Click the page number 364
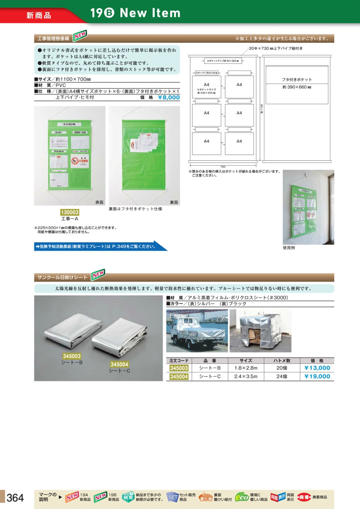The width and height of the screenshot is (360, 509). point(15,497)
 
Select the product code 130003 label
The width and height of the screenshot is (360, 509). point(69,212)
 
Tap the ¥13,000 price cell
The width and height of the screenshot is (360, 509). point(317,368)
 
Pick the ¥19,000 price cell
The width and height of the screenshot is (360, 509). point(317,377)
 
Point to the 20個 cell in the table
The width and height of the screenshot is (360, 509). point(281,368)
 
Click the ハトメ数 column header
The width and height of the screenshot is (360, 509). point(281,359)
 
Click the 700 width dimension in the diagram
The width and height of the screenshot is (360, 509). point(223,167)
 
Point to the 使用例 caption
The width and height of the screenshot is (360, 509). point(289,247)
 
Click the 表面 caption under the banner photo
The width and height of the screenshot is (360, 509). point(99,202)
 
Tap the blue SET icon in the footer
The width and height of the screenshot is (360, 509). point(173,497)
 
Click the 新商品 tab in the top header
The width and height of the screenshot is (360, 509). point(39,15)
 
